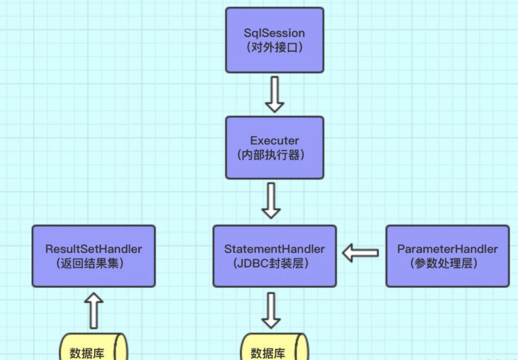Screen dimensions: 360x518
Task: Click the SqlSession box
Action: (x=275, y=40)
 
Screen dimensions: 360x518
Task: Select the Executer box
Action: (x=275, y=147)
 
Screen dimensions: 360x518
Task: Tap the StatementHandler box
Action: (x=275, y=256)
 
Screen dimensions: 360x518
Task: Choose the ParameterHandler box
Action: (x=448, y=256)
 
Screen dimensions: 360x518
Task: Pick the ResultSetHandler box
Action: (x=94, y=256)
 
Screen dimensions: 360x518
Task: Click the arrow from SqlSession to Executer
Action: (x=275, y=94)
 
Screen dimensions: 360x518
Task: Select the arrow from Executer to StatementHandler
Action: (x=271, y=200)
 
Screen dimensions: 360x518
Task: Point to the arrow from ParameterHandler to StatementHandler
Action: (x=361, y=253)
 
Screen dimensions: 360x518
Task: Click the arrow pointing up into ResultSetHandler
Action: (x=94, y=311)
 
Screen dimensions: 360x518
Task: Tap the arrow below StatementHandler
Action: (x=271, y=310)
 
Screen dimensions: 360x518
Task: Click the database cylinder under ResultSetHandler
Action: (x=94, y=348)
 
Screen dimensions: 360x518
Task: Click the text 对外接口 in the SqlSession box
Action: (x=275, y=47)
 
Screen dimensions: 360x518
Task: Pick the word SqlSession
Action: (x=275, y=33)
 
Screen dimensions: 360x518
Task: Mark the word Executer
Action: (x=275, y=140)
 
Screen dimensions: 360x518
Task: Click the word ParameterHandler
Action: (x=448, y=249)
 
